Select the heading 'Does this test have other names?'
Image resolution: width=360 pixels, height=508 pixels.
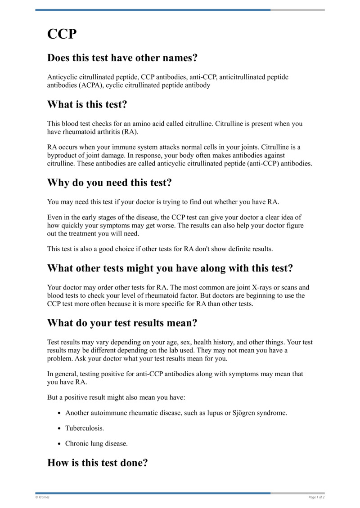pos(122,58)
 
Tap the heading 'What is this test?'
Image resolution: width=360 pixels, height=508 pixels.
pos(87,105)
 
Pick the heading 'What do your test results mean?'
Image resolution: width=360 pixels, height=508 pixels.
pos(122,323)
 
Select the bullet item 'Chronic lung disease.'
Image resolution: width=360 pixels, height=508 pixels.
pos(96,443)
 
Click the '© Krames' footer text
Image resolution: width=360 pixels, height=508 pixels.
pos(43,497)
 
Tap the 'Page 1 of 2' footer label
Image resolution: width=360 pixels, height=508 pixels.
pos(317,497)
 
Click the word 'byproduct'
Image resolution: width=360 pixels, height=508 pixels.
pos(62,155)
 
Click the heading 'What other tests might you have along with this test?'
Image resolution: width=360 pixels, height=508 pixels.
pos(170,268)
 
